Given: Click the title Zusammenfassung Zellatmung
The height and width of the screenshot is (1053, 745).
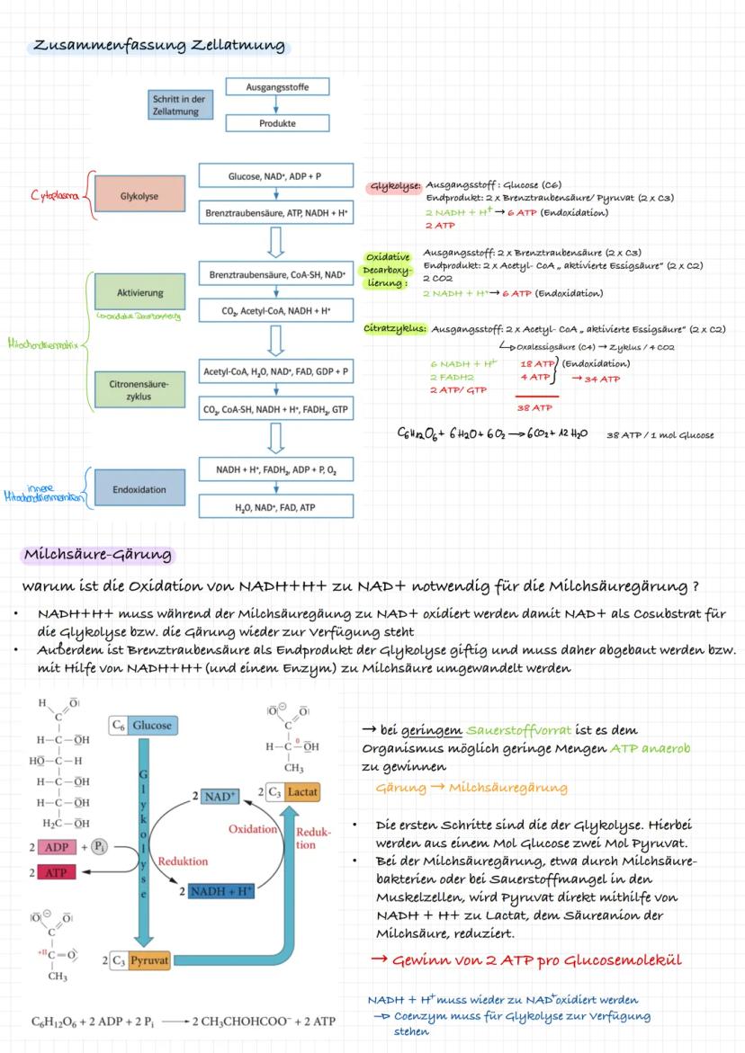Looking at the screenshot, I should click(159, 46).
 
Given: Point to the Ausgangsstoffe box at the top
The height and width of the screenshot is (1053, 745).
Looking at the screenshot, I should click(276, 87).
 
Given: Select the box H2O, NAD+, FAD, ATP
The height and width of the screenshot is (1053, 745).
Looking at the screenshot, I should click(276, 507).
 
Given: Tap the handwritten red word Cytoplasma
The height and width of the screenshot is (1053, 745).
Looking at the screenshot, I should click(54, 192).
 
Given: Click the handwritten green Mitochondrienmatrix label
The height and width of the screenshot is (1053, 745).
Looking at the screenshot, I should click(43, 343).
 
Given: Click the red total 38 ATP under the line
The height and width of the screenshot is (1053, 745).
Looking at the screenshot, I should click(534, 407).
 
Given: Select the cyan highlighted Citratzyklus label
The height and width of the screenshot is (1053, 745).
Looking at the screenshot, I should click(395, 328).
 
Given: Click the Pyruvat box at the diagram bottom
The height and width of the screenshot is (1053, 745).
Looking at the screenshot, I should click(140, 960).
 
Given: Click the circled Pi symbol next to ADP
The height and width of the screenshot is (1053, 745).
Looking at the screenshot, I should click(105, 847).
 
